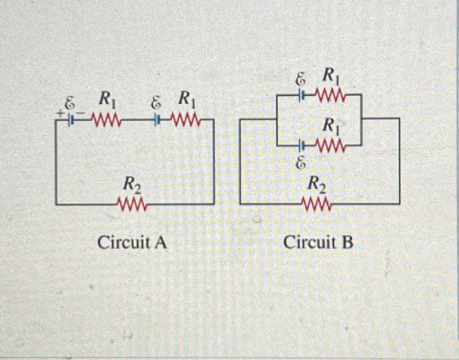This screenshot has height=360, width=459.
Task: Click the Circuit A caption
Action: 132,243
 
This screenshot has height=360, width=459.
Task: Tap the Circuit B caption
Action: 318,243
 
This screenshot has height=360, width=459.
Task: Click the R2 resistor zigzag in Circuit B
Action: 317,205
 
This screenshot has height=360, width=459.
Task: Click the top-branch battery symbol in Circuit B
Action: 302,96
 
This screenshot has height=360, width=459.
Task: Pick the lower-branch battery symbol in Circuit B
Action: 302,145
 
